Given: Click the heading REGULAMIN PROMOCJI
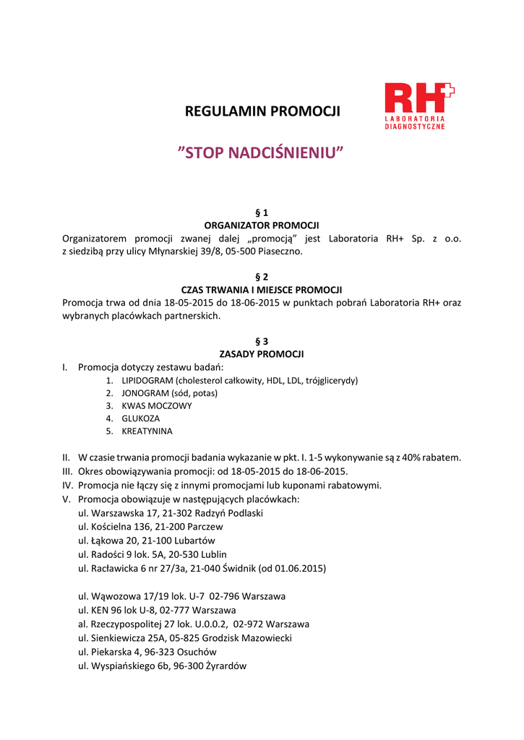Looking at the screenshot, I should coord(262,112).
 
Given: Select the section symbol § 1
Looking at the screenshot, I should coord(262,212).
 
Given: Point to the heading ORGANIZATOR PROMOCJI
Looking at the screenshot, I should coord(262,225).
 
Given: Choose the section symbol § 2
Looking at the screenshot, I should coord(262,277).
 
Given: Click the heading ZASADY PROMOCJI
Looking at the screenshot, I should coord(262,354).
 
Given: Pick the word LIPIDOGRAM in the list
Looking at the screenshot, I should coord(147,380).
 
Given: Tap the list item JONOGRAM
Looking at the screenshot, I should coord(145,393).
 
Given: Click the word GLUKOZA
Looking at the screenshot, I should coord(141,418).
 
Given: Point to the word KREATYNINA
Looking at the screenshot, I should coord(147,431).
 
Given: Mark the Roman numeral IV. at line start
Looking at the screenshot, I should coord(68,485).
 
